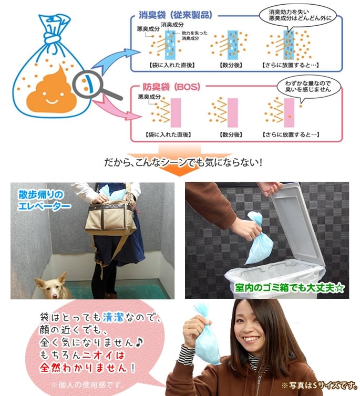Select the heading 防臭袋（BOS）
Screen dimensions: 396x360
(x=174, y=87)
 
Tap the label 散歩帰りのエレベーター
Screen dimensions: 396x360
(x=42, y=200)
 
